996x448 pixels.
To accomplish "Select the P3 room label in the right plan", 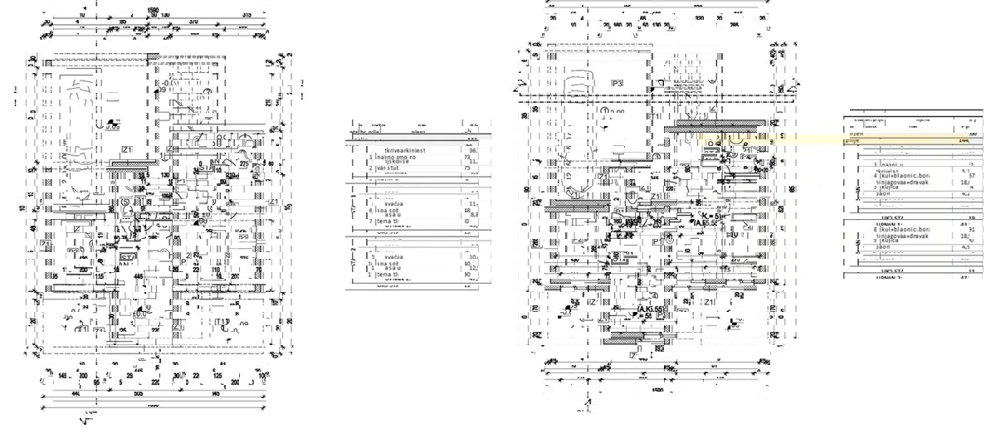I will pos(617,83).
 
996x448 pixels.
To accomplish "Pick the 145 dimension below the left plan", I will pos(63,376).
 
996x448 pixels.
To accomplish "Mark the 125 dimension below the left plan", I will pos(217,376).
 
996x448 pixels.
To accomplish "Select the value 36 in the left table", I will pos(473,150).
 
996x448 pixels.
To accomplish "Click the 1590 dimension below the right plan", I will pos(657,388).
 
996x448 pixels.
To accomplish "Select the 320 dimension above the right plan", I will pos(699,16).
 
